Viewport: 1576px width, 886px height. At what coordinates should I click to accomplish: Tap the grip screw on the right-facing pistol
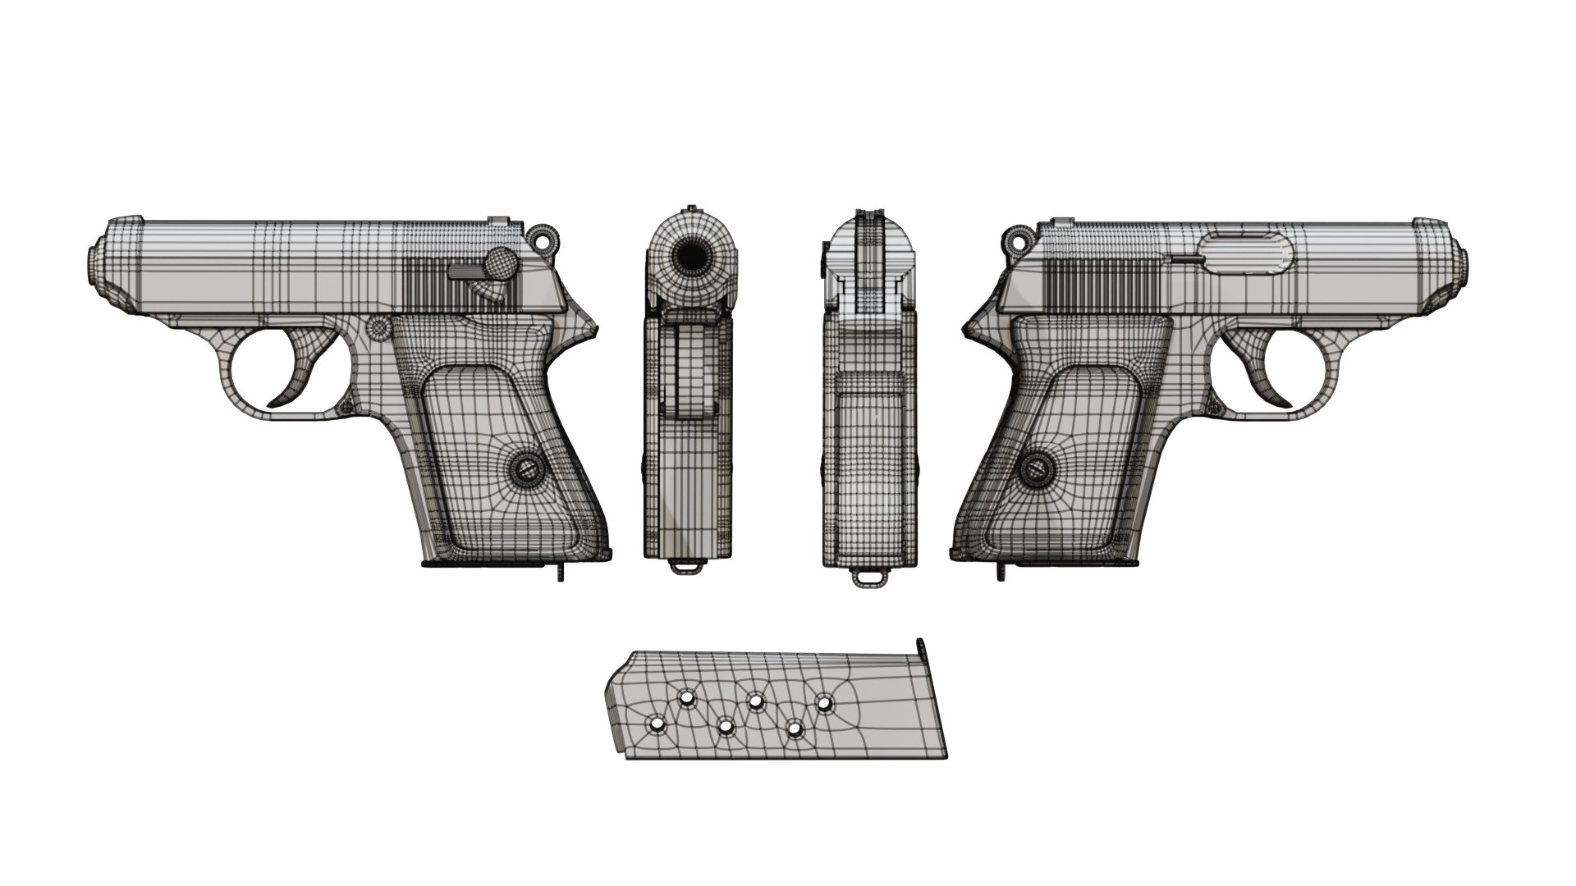click(1038, 470)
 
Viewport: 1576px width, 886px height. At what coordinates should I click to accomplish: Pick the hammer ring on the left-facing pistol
click(543, 238)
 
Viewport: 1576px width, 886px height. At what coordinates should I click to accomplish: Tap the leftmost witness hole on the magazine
click(656, 724)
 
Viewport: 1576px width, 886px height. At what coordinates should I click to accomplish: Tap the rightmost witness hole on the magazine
click(823, 703)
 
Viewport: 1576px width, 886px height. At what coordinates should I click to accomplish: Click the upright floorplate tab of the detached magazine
click(920, 648)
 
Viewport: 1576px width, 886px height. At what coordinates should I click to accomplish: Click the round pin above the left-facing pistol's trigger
click(378, 328)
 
